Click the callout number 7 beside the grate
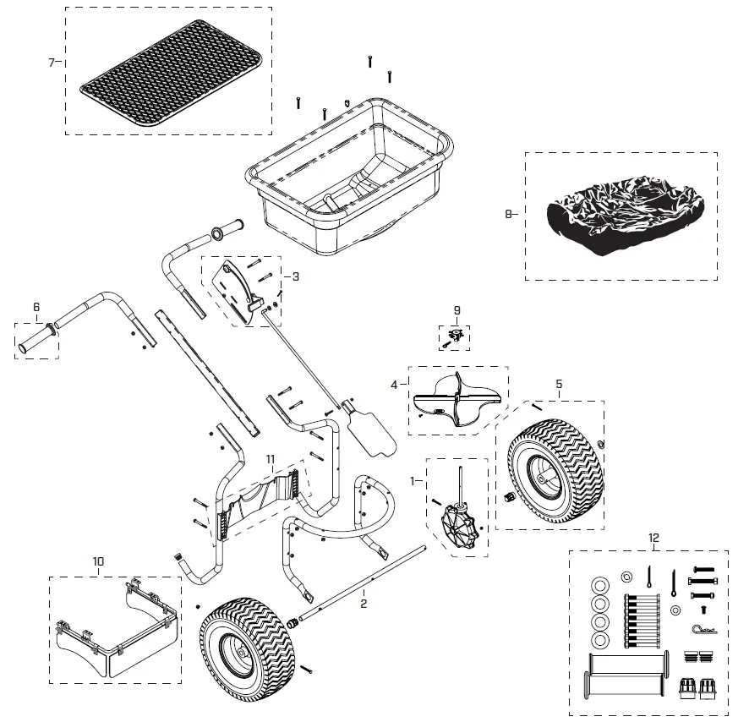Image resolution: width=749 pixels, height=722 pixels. click(x=52, y=63)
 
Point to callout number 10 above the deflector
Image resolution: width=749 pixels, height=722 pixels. click(x=99, y=561)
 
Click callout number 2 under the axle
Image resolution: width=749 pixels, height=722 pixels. click(x=363, y=604)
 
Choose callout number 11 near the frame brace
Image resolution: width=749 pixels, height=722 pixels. click(x=271, y=458)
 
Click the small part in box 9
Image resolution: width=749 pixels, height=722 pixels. click(x=453, y=338)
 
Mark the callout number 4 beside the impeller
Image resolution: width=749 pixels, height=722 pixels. click(x=393, y=384)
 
